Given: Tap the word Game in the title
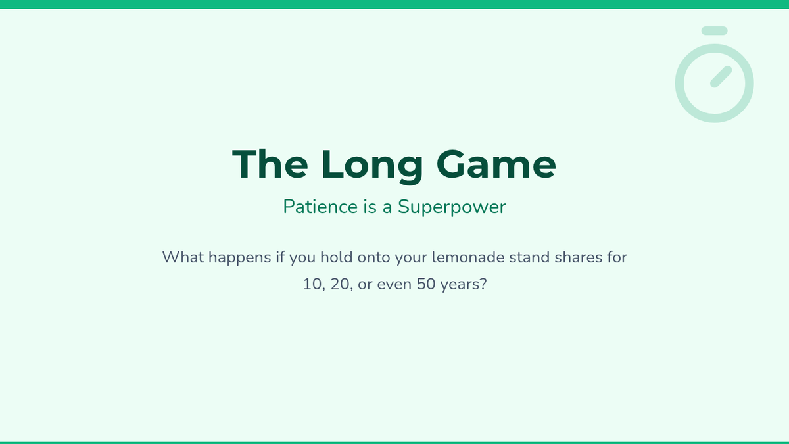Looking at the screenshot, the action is (x=496, y=164).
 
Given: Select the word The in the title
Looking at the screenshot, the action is (x=270, y=164).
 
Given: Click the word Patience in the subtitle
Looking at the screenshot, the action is (x=320, y=207).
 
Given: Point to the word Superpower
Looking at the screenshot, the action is (x=452, y=207).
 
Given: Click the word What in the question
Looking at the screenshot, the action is (x=183, y=257).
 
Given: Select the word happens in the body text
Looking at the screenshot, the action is (x=239, y=259).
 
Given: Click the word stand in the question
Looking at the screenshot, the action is (x=529, y=257).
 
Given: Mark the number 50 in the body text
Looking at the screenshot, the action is (x=426, y=284).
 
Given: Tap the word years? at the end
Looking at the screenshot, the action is (x=464, y=285).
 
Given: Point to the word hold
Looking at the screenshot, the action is (x=337, y=257).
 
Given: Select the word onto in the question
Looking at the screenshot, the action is (x=373, y=258).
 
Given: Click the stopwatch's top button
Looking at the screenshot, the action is (x=714, y=31).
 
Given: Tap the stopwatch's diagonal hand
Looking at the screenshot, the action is (x=721, y=77).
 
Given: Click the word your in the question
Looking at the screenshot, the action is (x=411, y=259).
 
